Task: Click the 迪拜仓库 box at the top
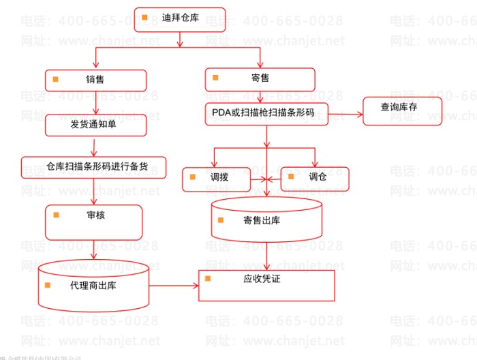(180, 19)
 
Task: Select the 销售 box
(96, 80)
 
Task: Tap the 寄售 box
(260, 80)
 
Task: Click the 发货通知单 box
(96, 125)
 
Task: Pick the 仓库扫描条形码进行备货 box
(94, 167)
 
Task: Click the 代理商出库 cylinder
(93, 285)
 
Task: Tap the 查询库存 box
(402, 110)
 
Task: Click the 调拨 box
(215, 179)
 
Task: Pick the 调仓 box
(314, 178)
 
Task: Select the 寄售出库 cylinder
(266, 220)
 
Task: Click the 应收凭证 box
(266, 285)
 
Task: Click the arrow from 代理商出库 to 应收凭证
(174, 285)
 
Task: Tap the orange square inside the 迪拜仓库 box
(144, 17)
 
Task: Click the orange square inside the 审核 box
(57, 215)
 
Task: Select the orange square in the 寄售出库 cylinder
(221, 220)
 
